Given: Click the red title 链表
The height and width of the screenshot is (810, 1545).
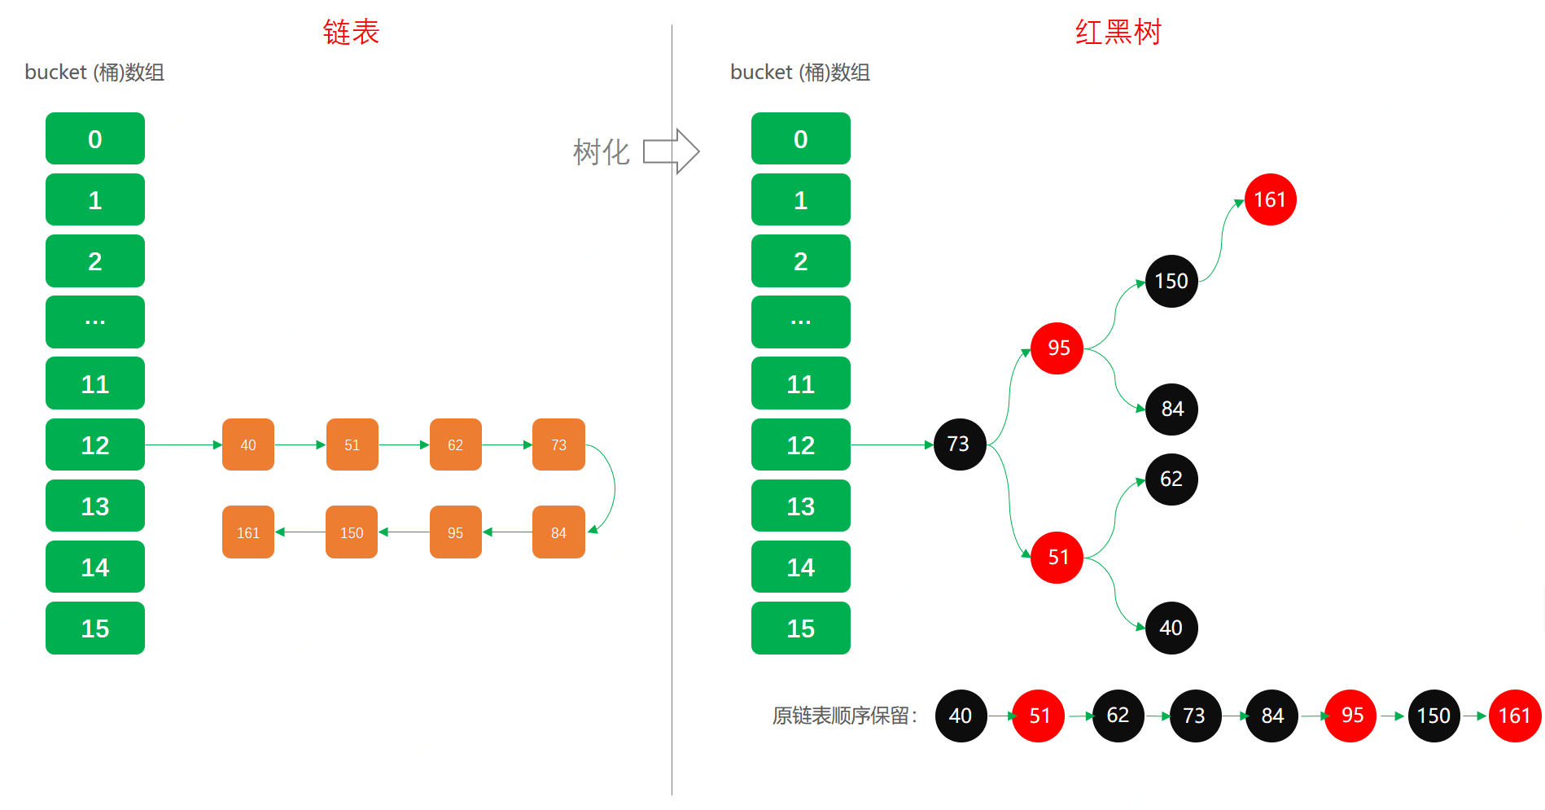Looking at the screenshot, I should (x=351, y=33).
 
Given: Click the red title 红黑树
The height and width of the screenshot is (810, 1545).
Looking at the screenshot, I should (x=1118, y=33).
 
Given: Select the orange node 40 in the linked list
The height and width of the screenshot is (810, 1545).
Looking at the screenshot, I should (x=248, y=444).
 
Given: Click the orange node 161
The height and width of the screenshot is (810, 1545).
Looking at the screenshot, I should (x=248, y=532).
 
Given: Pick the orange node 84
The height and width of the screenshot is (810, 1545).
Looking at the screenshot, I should (x=558, y=532).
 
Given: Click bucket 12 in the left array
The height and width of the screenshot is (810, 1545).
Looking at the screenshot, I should (x=95, y=444).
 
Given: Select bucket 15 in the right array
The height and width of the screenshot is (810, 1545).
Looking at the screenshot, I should (x=800, y=628).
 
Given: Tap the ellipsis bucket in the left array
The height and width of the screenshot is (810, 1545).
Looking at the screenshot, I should (x=95, y=322).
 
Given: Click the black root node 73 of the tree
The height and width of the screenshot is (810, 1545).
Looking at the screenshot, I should (x=960, y=444).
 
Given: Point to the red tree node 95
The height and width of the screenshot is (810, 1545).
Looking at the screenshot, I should (x=1057, y=348).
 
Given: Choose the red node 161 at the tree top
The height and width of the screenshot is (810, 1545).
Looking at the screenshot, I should (x=1270, y=199).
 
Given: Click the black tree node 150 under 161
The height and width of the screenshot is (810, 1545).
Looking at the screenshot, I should (x=1171, y=281).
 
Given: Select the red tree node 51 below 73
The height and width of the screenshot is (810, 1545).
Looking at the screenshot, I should (x=1057, y=557).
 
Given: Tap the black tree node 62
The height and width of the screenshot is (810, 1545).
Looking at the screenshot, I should (x=1171, y=479).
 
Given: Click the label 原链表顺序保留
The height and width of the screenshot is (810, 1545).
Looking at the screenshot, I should (x=844, y=716).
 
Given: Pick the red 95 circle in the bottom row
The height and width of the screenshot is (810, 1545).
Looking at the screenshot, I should (x=1350, y=716).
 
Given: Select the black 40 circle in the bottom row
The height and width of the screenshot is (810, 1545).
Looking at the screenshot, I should (x=961, y=716).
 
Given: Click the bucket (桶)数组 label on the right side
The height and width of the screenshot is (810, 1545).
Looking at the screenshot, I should (x=799, y=72).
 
